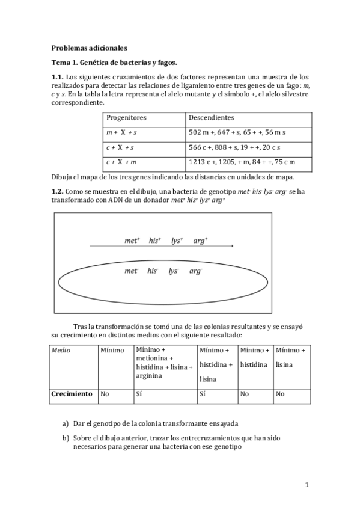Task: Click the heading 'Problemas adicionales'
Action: [89, 47]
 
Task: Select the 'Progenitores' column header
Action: [126, 118]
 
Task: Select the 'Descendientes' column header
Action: [212, 118]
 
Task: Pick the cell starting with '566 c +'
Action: [235, 147]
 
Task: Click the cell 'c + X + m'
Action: [121, 162]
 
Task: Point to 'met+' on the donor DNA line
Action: [132, 241]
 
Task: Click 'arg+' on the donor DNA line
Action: [200, 241]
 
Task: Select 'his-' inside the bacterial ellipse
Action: [153, 271]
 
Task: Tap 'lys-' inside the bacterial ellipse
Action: [174, 271]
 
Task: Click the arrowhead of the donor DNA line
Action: [232, 246]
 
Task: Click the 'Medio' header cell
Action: [61, 351]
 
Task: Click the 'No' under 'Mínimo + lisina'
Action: [280, 394]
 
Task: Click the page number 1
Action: [307, 485]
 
